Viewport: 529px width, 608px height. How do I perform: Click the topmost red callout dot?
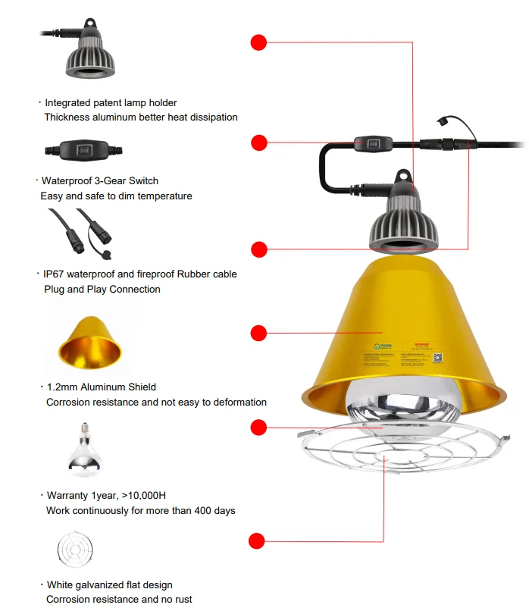coord(259,42)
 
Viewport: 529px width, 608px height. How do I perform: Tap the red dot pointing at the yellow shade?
coord(259,333)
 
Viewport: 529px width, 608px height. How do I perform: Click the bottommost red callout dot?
coord(257,541)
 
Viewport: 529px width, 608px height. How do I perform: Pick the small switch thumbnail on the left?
coord(83,150)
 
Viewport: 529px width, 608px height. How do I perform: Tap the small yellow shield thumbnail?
coord(89,342)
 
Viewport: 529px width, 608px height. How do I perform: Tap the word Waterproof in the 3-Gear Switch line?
coord(67,180)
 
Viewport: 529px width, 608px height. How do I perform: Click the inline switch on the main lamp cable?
coord(373,142)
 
